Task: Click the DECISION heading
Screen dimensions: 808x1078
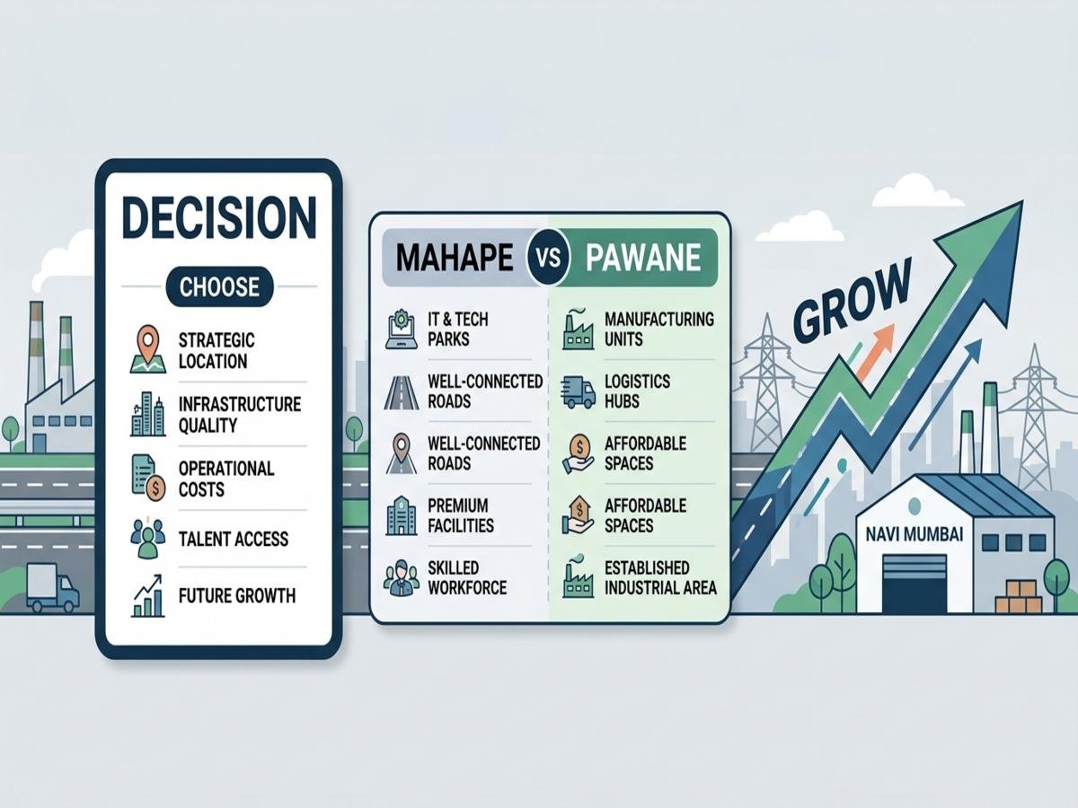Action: click(x=218, y=218)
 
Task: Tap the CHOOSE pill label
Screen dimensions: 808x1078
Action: click(x=218, y=287)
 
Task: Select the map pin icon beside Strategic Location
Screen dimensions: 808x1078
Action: click(x=146, y=349)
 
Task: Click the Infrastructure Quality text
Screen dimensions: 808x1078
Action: click(x=239, y=414)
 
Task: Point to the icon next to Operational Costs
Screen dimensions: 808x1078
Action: click(x=147, y=478)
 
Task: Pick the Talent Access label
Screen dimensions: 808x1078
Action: click(x=233, y=539)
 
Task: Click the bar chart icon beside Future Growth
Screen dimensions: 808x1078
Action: click(x=147, y=595)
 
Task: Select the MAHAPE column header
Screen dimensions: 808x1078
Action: click(x=455, y=258)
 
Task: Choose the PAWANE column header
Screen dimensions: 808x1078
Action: click(x=642, y=258)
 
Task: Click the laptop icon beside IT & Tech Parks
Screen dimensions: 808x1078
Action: click(x=401, y=329)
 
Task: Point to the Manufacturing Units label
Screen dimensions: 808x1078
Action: click(x=659, y=329)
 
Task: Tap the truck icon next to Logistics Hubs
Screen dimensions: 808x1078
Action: click(x=579, y=391)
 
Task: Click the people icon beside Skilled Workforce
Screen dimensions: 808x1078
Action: click(x=401, y=578)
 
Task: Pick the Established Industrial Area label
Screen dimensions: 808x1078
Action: click(x=660, y=577)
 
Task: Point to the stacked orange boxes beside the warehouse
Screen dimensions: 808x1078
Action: click(x=1019, y=595)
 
